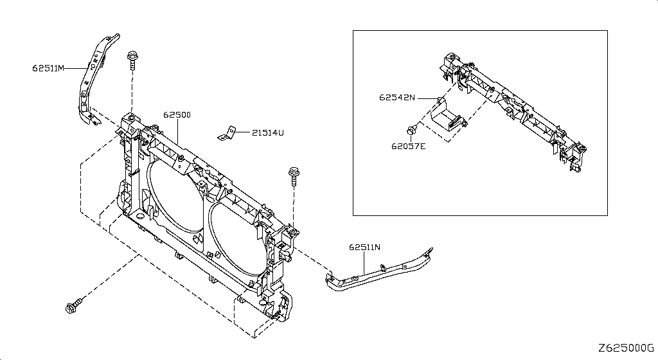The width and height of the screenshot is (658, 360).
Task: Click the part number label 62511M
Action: (x=48, y=67)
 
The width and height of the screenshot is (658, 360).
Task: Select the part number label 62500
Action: (x=177, y=115)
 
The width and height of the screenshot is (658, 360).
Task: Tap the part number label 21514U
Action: (x=267, y=133)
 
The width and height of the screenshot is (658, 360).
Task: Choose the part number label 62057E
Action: (x=409, y=146)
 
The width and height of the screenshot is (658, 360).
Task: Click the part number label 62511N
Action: (x=365, y=247)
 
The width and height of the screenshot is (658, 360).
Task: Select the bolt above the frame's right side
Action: (x=294, y=175)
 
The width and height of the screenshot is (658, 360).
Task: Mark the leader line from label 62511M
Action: (x=76, y=67)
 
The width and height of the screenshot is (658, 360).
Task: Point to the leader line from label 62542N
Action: (x=427, y=98)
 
